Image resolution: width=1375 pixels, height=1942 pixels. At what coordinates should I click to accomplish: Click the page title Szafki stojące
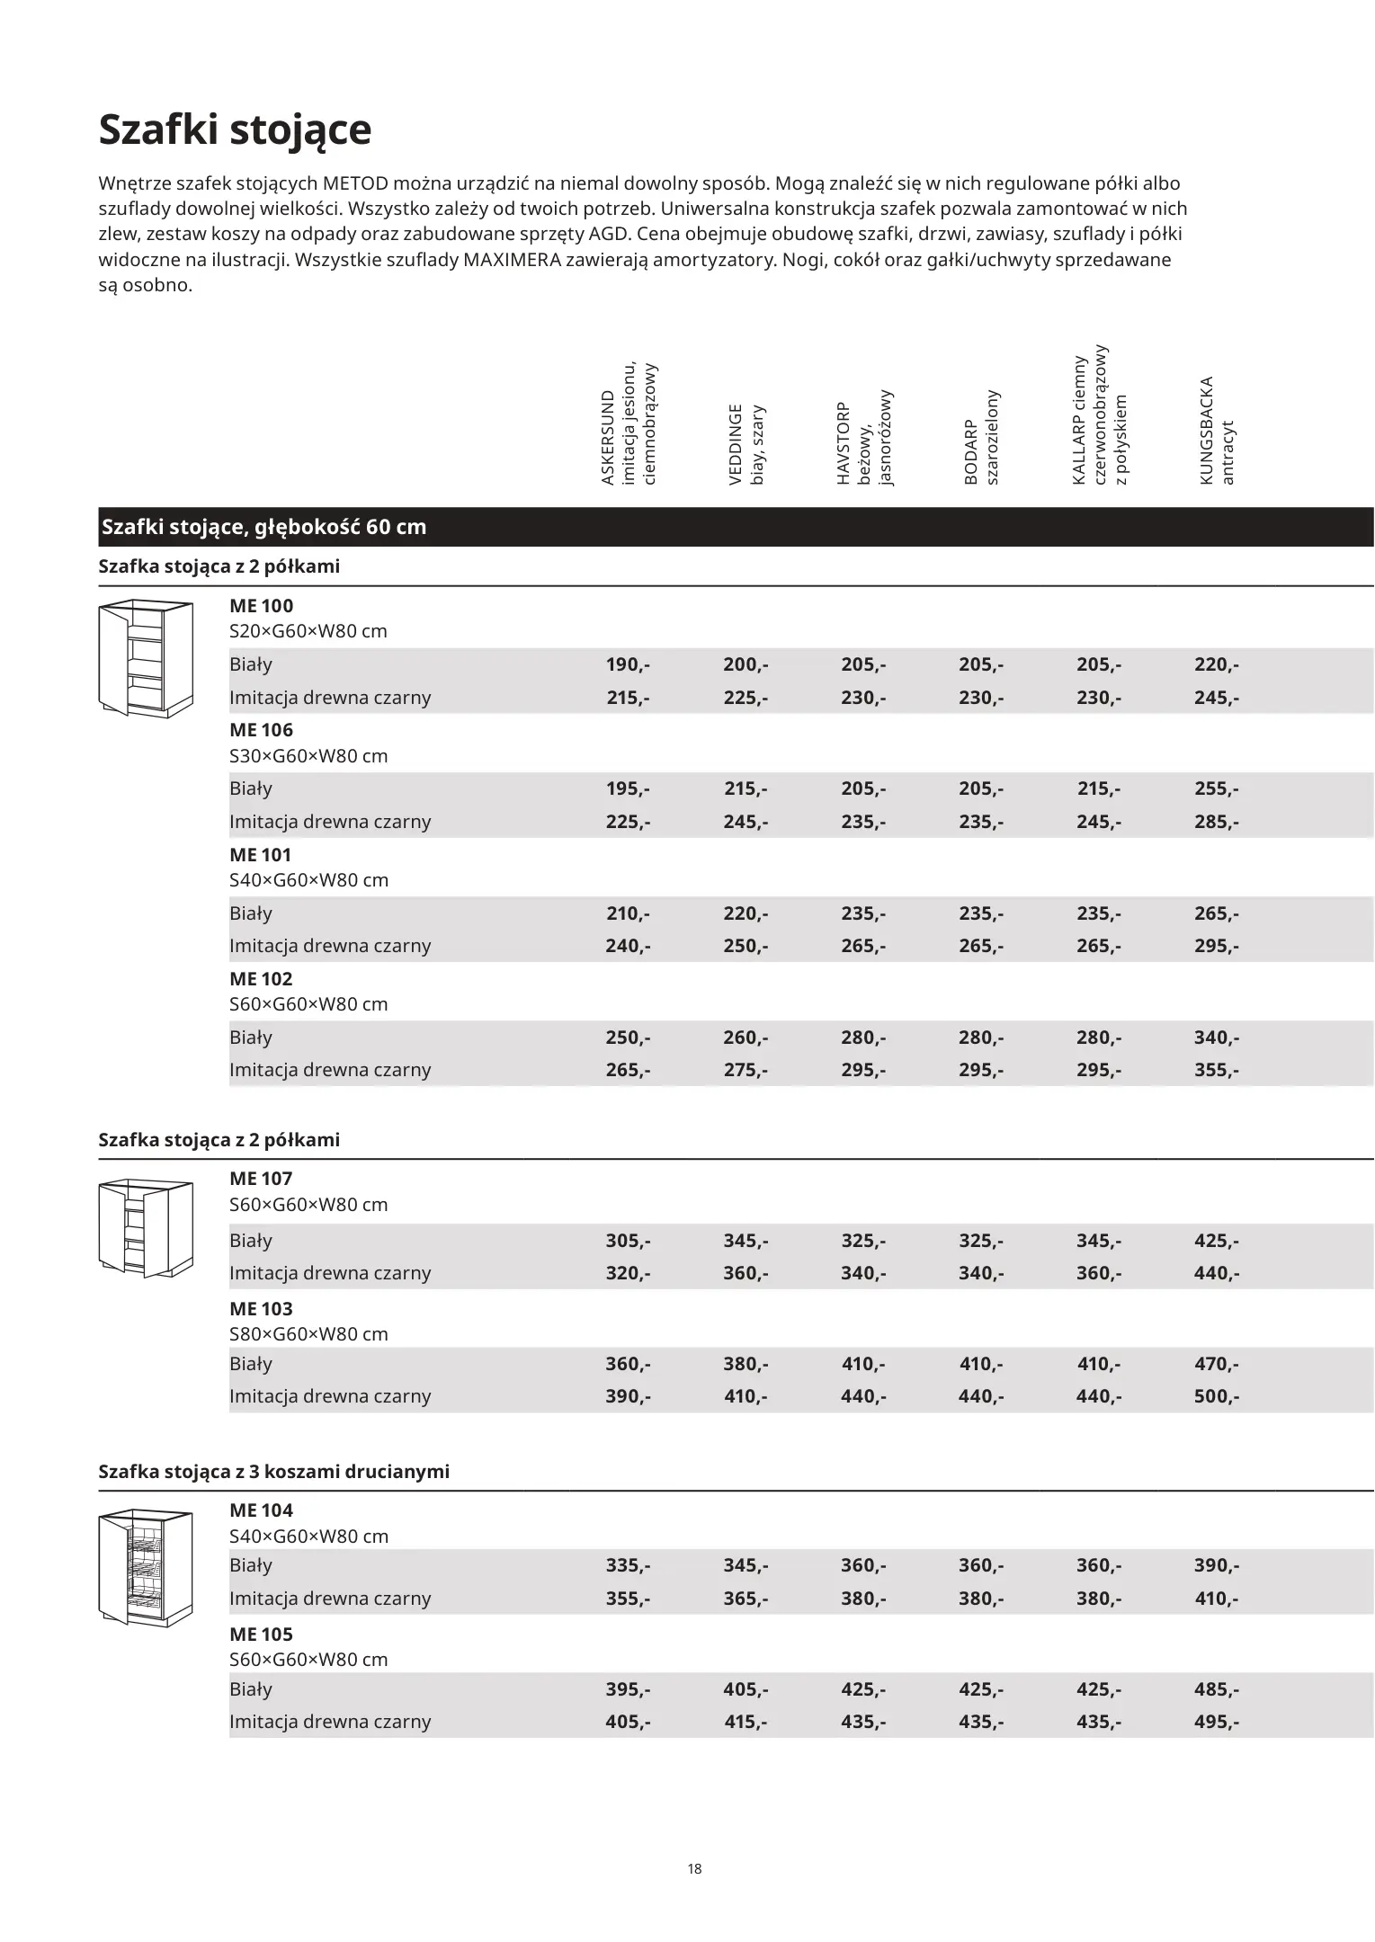coord(234,129)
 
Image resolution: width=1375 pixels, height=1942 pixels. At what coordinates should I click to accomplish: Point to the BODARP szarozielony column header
coord(981,438)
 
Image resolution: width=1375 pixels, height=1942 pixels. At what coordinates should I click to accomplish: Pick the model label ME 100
coord(261,606)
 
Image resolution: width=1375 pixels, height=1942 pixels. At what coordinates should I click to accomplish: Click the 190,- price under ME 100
coord(628,664)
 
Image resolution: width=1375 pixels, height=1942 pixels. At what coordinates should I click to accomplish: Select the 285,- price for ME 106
coord(1216,821)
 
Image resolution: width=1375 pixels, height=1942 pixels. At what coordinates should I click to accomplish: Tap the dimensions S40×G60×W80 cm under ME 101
coord(308,879)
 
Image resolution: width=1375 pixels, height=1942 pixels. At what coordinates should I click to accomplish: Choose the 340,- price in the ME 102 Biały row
coord(1216,1037)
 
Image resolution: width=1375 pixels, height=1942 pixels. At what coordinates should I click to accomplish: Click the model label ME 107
coord(261,1178)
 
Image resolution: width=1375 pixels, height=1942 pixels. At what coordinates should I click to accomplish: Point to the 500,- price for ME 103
coord(1216,1395)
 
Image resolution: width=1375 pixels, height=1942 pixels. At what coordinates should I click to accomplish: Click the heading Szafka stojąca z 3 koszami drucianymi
coord(273,1471)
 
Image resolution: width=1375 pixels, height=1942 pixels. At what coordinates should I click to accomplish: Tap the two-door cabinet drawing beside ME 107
coord(145,1228)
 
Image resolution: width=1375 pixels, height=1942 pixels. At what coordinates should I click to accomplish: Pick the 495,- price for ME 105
coord(1216,1721)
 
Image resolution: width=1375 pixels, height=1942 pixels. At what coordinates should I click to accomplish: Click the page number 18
coord(694,1868)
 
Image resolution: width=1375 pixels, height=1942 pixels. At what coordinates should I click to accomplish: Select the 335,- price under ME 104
coord(628,1564)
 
